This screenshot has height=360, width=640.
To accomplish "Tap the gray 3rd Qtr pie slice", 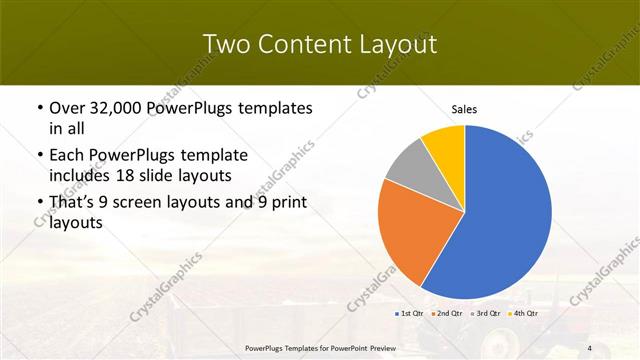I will [x=409, y=165].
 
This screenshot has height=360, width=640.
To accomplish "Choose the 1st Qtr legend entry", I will [x=409, y=314].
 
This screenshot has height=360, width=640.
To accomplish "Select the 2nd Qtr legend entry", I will [x=448, y=314].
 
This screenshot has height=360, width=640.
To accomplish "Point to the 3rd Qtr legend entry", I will [x=487, y=314].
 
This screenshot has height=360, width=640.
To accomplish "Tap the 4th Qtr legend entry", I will [x=526, y=314].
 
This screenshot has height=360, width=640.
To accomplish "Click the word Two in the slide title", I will [x=224, y=44].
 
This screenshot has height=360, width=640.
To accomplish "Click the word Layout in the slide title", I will [x=398, y=44].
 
